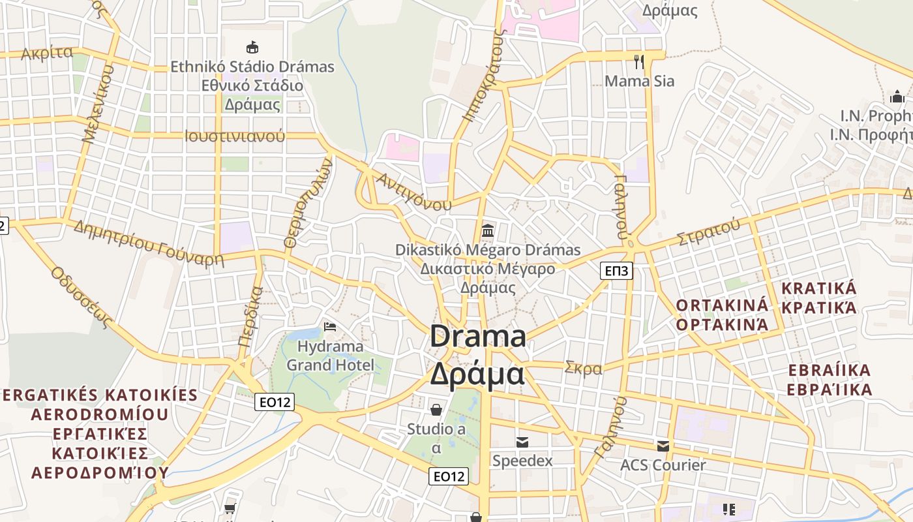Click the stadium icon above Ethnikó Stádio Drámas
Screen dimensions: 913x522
coord(252,47)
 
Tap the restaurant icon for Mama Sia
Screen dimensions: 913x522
coord(639,62)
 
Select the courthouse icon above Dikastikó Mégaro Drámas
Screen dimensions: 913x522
coord(487,230)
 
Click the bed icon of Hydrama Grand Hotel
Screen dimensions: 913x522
coord(330,326)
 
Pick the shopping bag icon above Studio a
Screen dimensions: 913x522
coord(436,410)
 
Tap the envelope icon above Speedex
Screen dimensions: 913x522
coord(522,442)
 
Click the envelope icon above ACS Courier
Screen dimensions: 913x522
coord(663,446)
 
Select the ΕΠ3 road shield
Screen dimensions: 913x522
coord(616,270)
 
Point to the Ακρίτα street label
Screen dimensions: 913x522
coord(47,54)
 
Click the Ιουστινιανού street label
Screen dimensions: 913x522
coord(235,136)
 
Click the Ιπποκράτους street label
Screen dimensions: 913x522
coord(483,75)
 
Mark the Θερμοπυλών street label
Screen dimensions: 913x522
coord(308,204)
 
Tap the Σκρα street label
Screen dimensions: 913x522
coord(584,368)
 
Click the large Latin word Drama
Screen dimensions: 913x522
coord(478,337)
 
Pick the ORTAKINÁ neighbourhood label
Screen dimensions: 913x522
coord(722,305)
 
